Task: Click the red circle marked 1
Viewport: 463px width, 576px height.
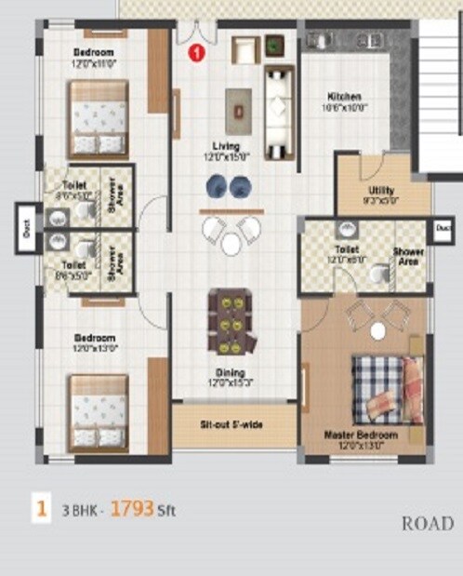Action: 196,53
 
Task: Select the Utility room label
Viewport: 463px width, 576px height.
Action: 382,191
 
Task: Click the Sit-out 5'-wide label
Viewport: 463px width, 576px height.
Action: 231,424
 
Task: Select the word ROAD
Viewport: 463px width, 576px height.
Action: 428,524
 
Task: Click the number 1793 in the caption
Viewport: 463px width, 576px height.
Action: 131,509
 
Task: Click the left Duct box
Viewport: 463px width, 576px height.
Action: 25,229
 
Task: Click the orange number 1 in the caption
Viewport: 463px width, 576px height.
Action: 41,509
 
